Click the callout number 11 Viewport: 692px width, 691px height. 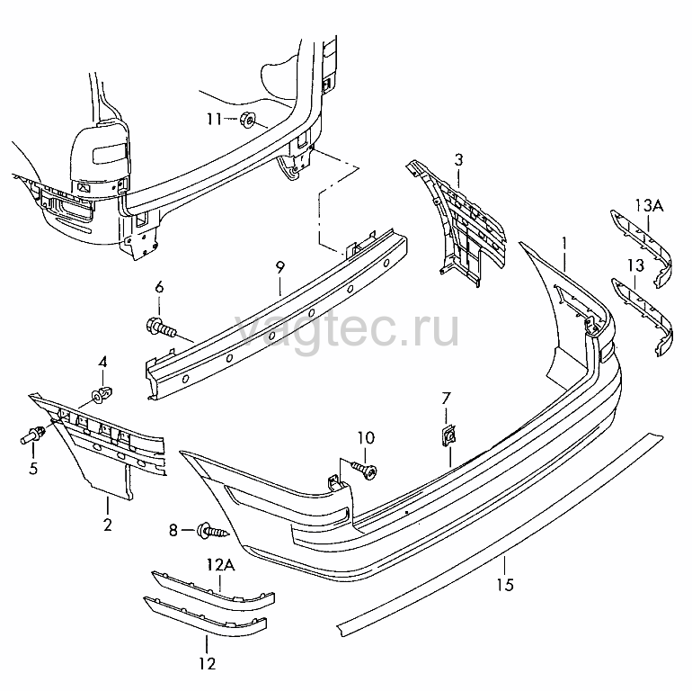pos(214,119)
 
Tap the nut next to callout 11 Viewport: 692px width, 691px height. pos(248,120)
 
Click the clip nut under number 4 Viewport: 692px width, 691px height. pos(102,394)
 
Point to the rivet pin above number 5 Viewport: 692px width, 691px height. pos(33,435)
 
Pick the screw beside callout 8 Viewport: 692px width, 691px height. pos(214,530)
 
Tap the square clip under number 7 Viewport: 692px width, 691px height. pos(448,435)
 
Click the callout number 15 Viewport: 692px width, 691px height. pos(505,585)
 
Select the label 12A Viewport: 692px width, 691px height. pos(221,565)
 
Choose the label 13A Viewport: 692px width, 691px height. pos(649,205)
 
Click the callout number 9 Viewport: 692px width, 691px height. pos(279,268)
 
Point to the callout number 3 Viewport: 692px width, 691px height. pos(458,159)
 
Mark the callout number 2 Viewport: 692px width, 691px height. pos(108,525)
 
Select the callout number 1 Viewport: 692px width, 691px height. pos(564,243)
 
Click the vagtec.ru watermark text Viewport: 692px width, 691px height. pos(347,329)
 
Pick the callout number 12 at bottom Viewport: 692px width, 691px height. pos(208,664)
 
